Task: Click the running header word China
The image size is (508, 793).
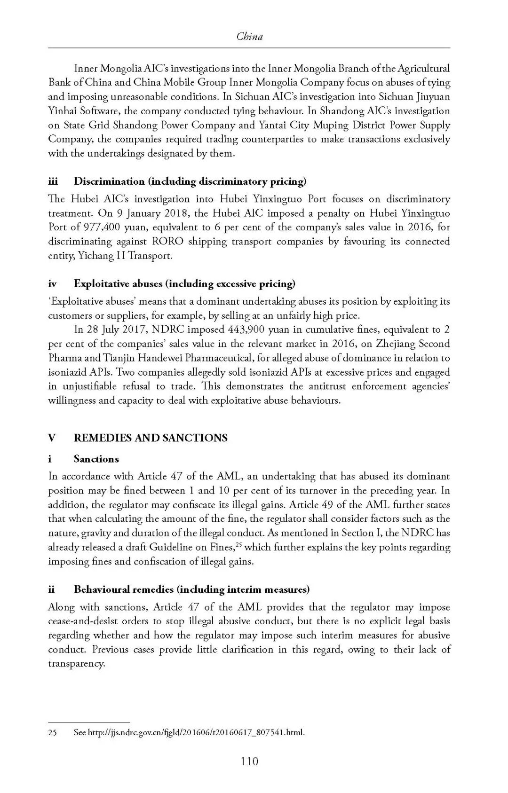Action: click(249, 36)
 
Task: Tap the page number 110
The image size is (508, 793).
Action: click(249, 761)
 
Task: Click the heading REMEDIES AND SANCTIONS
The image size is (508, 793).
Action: click(151, 438)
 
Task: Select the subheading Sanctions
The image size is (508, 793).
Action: click(96, 459)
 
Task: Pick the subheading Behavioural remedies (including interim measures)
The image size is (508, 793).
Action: click(191, 589)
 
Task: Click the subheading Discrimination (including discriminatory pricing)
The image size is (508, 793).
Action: click(190, 181)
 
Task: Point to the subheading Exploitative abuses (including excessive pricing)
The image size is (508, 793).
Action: click(184, 283)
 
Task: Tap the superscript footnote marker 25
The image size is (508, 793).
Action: click(238, 544)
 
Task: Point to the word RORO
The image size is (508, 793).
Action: click(167, 242)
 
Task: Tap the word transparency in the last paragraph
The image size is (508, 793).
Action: click(76, 664)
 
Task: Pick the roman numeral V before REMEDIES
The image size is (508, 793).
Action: click(52, 438)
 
